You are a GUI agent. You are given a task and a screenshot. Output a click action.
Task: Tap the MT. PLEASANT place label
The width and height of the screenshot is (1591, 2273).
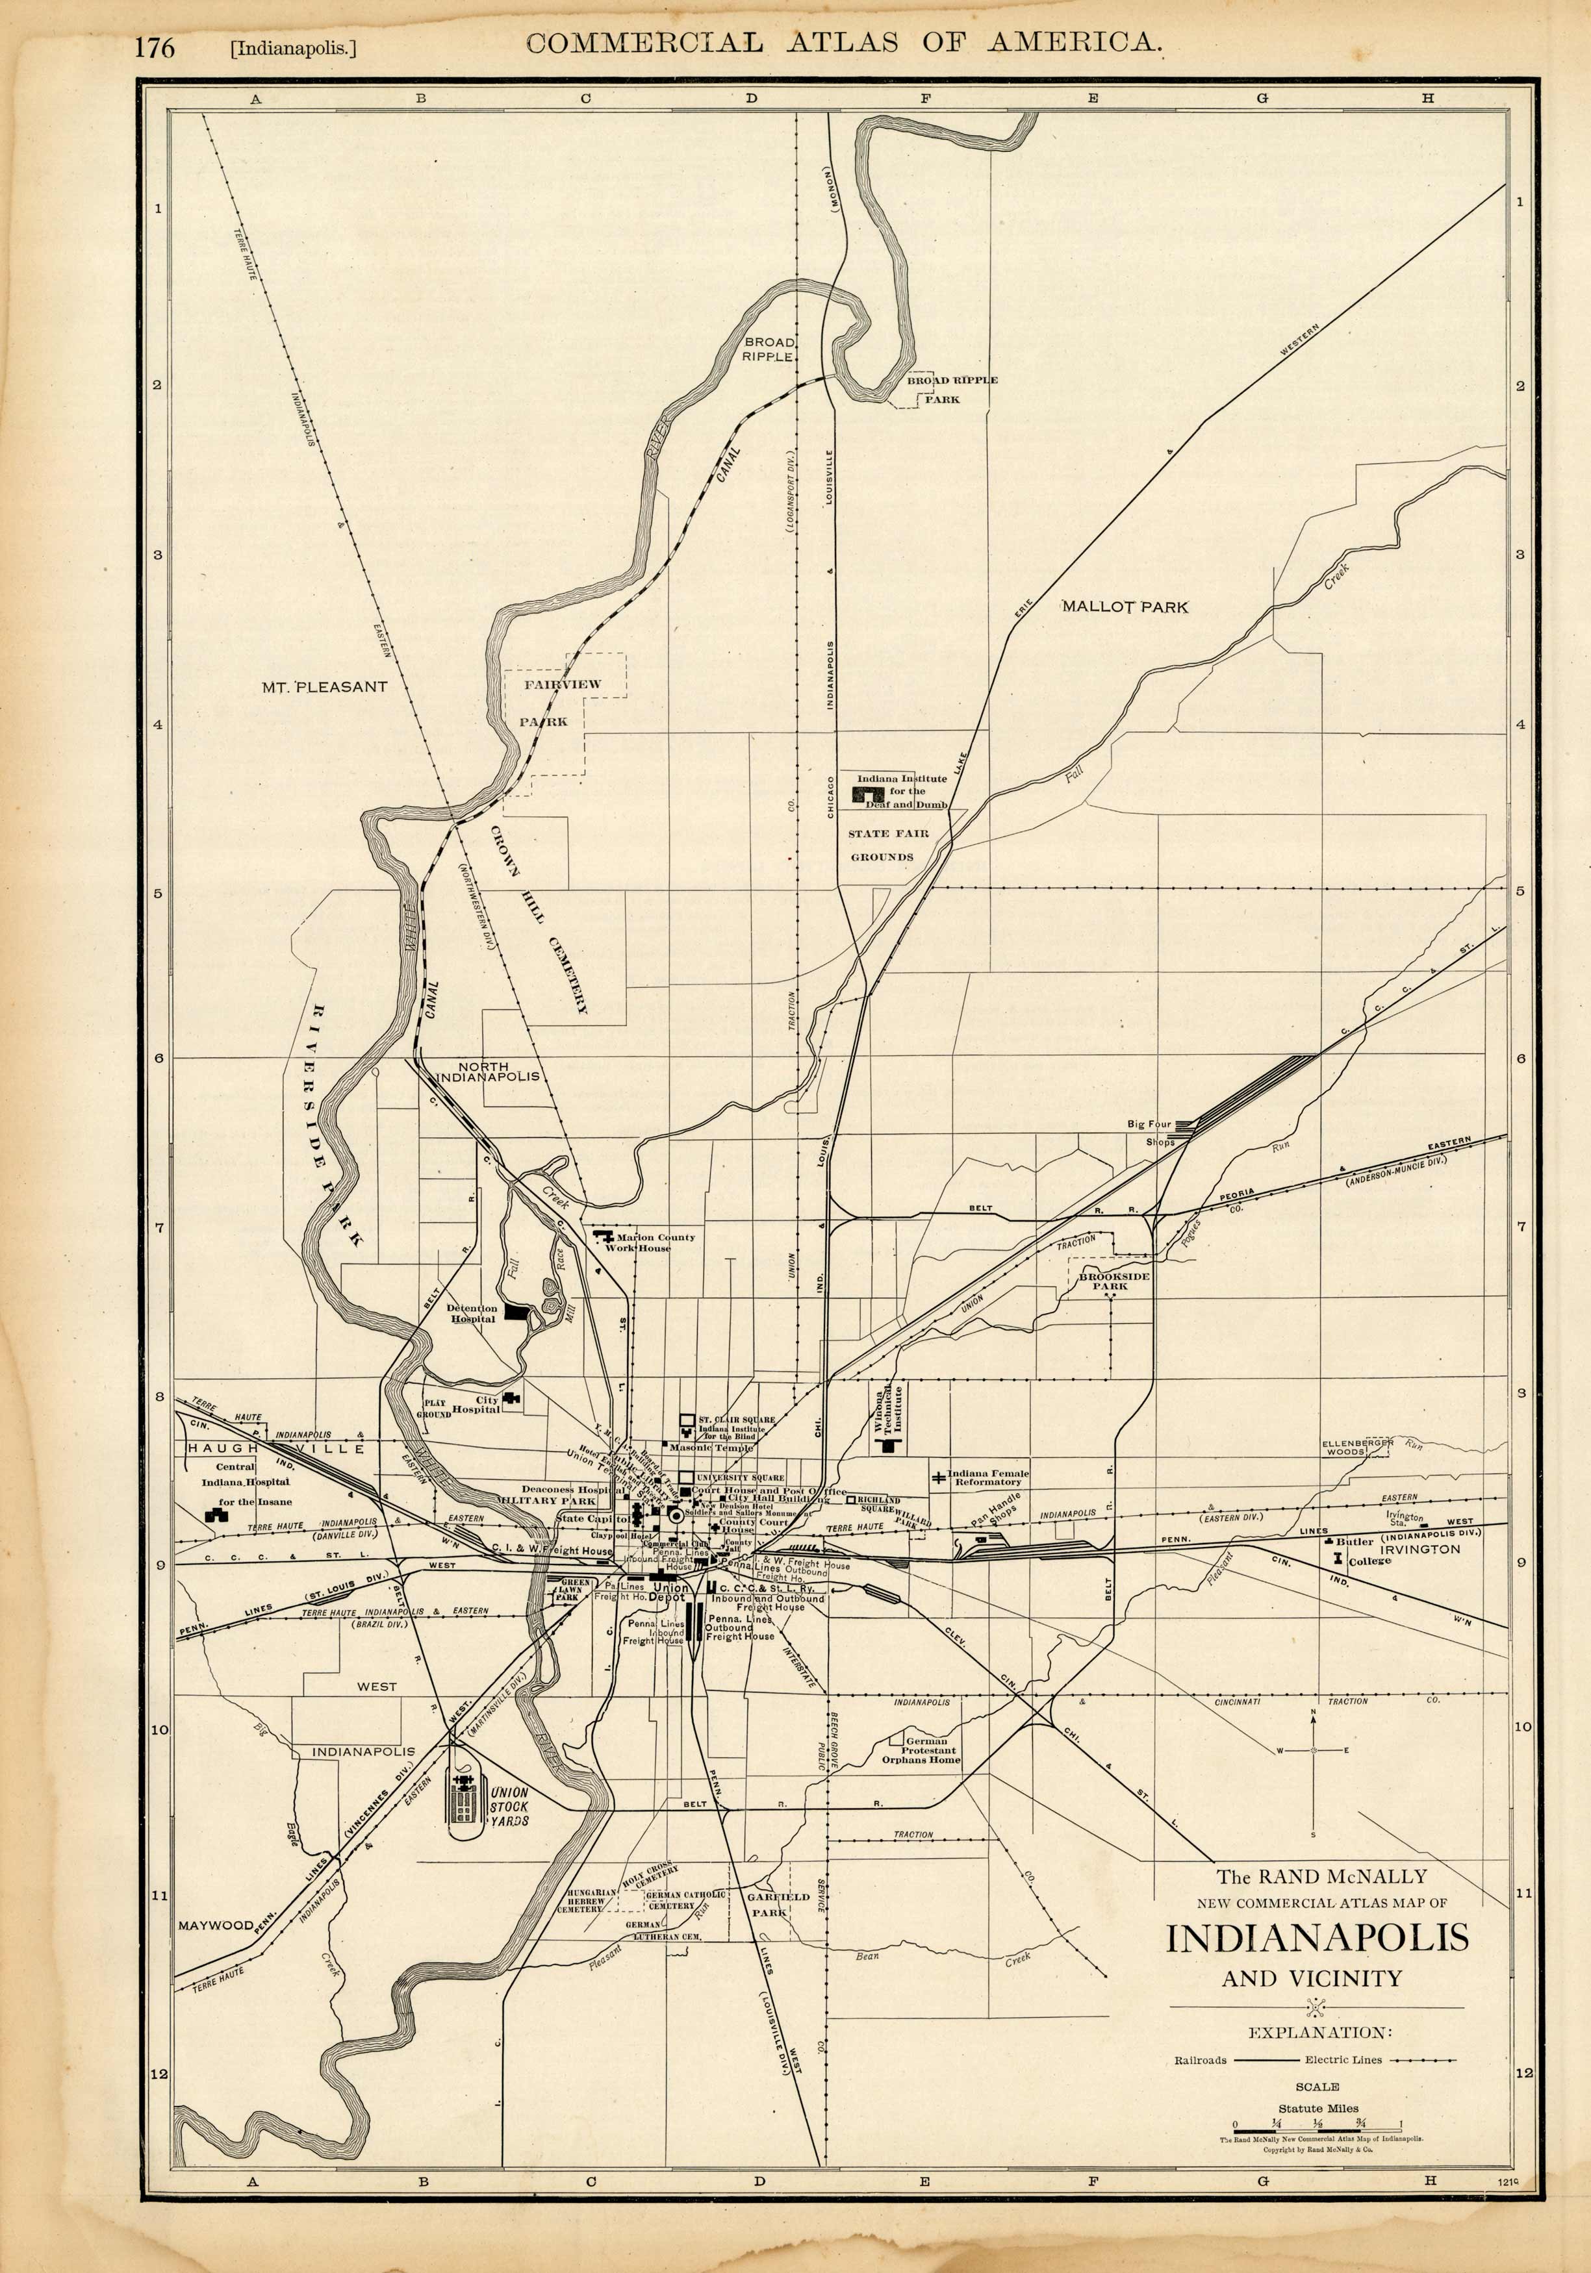(x=325, y=686)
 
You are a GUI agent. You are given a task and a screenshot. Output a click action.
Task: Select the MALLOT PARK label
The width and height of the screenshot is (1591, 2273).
(x=1125, y=607)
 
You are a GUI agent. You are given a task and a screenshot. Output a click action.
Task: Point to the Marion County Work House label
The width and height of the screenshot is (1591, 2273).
(x=654, y=1242)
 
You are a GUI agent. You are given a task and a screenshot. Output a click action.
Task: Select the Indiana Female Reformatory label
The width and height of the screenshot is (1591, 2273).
(x=987, y=1477)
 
